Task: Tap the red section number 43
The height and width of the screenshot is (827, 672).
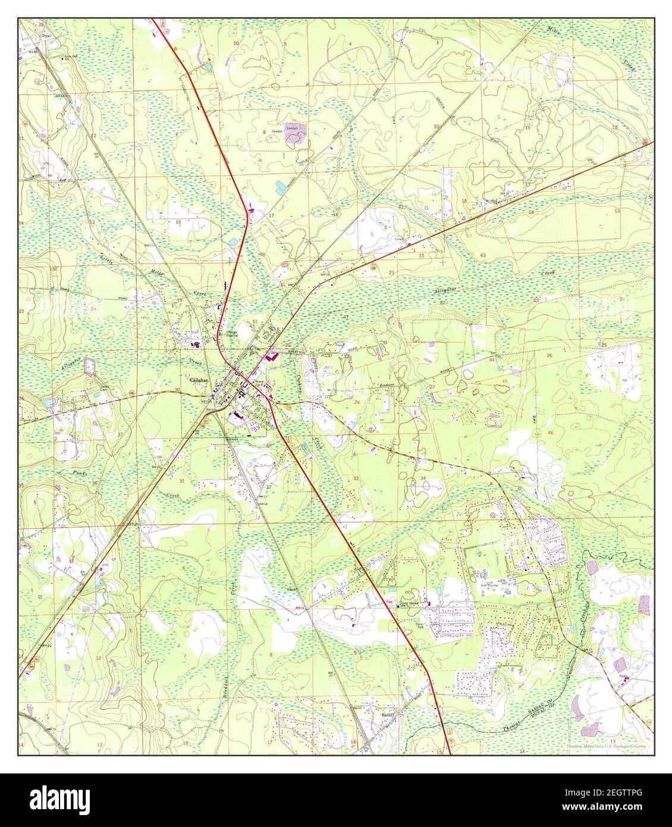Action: [483, 255]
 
